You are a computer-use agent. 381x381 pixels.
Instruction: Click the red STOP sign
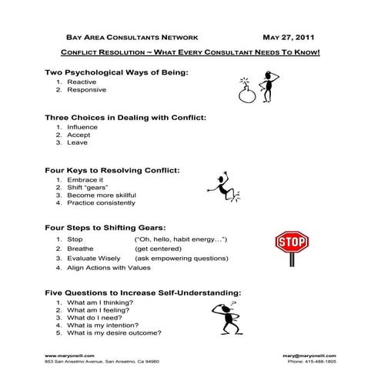[291, 244]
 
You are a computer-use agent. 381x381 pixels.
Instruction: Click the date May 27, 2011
[288, 37]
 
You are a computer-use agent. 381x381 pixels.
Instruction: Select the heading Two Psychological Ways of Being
[117, 72]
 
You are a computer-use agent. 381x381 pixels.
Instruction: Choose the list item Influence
[82, 126]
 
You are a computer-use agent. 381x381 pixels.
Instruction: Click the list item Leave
[78, 143]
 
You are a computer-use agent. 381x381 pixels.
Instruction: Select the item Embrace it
[85, 179]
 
